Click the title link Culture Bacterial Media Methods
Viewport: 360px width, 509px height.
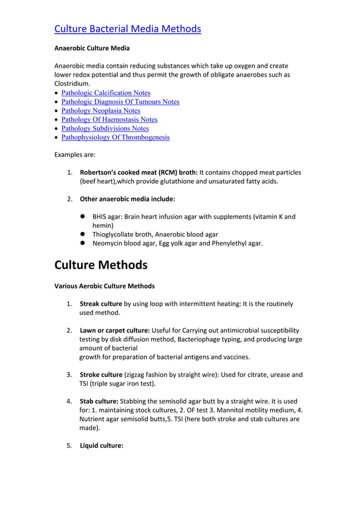(x=127, y=28)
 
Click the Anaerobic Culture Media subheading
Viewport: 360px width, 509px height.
(x=91, y=49)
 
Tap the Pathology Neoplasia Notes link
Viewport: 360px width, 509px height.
(x=100, y=111)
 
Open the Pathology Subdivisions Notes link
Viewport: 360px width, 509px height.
(x=105, y=129)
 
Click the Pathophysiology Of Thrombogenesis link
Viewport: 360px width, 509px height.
(x=115, y=138)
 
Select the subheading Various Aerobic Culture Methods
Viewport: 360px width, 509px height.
(x=104, y=286)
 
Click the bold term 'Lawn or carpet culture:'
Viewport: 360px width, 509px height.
(x=115, y=330)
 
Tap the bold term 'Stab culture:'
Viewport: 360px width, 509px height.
(x=99, y=401)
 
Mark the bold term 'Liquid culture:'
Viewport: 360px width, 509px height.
(x=101, y=445)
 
